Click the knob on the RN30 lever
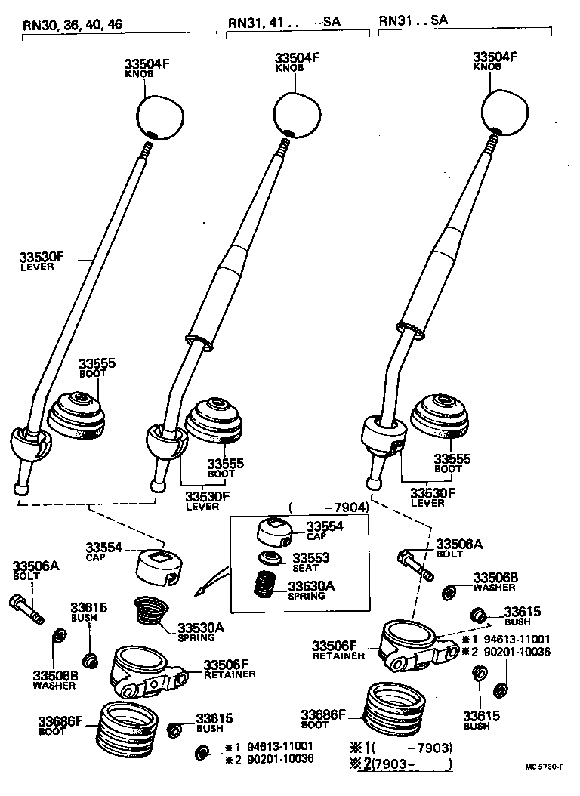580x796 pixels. click(x=160, y=114)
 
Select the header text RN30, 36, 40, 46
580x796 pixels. click(x=72, y=23)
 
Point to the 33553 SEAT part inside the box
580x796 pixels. click(x=270, y=559)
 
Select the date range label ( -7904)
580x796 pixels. click(x=328, y=508)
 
